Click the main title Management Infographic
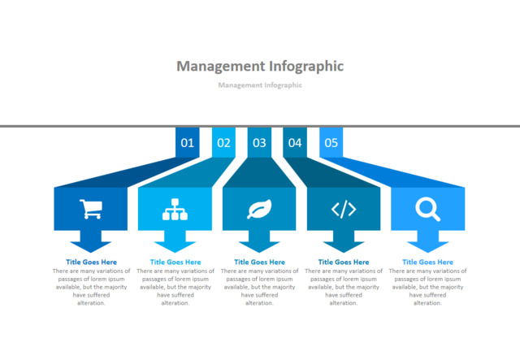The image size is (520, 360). coord(260,66)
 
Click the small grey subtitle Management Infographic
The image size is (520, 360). coord(260,85)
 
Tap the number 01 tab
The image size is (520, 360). coord(188,143)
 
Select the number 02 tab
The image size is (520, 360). coord(223,143)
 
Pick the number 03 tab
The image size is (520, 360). coord(259,143)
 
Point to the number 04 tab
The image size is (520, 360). coord(295,143)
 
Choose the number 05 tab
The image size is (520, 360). coord(331,143)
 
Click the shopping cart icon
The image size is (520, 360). coord(91,209)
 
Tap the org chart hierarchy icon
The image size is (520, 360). coord(175,209)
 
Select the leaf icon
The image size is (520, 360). coord(259,209)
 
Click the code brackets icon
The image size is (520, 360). coord(344,209)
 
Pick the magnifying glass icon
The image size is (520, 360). coord(427,209)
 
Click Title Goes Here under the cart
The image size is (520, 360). coord(91,262)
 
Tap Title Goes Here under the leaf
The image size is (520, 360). coord(259,262)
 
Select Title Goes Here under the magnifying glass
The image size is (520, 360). coord(427,262)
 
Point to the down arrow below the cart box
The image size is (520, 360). coord(91,241)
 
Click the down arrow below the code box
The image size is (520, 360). coord(344,241)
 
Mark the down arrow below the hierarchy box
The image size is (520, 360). coord(175,241)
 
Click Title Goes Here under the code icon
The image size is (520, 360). coord(344,262)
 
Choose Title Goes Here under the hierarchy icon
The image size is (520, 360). coord(175,262)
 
